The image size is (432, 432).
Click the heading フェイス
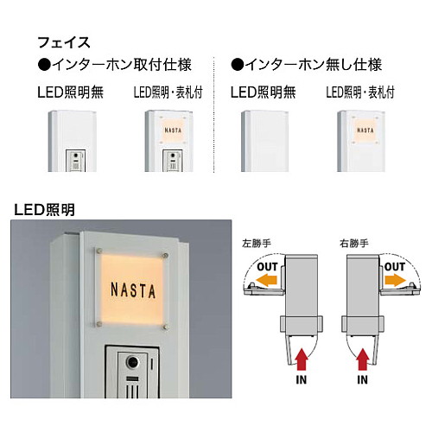64,42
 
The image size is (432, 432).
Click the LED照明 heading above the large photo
44,210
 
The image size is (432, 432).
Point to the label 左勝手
257,244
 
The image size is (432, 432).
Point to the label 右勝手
354,244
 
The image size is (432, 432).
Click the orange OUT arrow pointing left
266,280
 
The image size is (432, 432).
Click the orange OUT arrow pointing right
395,280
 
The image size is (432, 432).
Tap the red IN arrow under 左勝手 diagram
301,359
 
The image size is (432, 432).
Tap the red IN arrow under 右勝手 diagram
363,359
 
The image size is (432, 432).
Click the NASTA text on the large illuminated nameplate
133,290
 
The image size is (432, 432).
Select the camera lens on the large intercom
133,362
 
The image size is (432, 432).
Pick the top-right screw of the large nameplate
166,255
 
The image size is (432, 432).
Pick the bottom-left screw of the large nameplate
99,324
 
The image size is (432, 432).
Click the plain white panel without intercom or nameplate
264,141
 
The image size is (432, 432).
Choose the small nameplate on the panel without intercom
365,130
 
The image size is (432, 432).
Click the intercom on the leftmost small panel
75,161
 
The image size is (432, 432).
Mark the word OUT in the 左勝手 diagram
267,267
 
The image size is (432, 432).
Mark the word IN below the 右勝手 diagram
363,380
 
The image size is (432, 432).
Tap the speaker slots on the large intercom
132,391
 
